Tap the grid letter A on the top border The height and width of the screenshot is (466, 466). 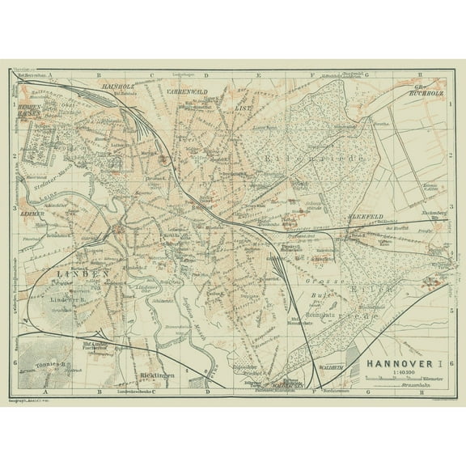pos(50,74)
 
